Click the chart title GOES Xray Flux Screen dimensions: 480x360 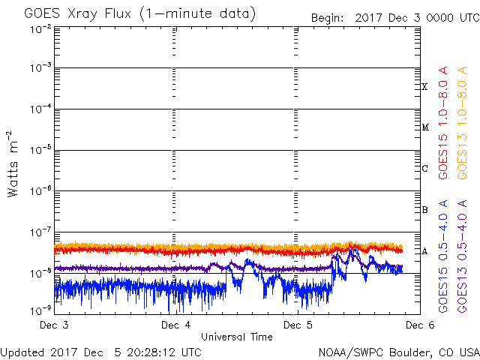(77, 13)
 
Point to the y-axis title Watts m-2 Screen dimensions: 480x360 (13, 164)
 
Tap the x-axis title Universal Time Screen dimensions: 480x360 (237, 337)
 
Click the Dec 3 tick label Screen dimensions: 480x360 (54, 325)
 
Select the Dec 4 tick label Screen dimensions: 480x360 (176, 325)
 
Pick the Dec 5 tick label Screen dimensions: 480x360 (298, 325)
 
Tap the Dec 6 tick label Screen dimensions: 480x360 (420, 325)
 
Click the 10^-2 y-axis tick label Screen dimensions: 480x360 (40, 30)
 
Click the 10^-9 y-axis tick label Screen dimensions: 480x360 (40, 310)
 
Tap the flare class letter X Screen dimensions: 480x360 (424, 87)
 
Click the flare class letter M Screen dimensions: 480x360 (425, 127)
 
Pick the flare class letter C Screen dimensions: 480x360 (424, 168)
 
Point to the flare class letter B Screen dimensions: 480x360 (424, 210)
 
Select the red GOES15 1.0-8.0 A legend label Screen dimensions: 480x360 (443, 123)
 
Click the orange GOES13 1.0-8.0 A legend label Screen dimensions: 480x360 (462, 123)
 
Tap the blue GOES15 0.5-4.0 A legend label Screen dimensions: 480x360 (443, 256)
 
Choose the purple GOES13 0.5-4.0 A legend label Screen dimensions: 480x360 (462, 256)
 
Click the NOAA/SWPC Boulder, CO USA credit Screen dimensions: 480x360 (399, 352)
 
